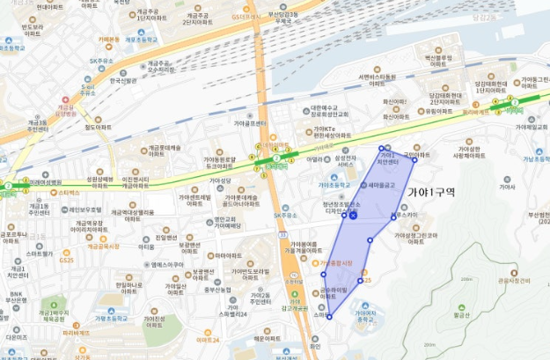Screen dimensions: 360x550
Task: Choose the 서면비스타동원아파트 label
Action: (376, 79)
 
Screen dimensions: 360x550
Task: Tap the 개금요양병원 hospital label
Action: (67, 110)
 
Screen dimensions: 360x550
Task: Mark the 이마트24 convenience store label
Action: (209, 339)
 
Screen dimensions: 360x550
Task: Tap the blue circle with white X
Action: (353, 215)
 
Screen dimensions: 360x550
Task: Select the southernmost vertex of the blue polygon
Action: (329, 318)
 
